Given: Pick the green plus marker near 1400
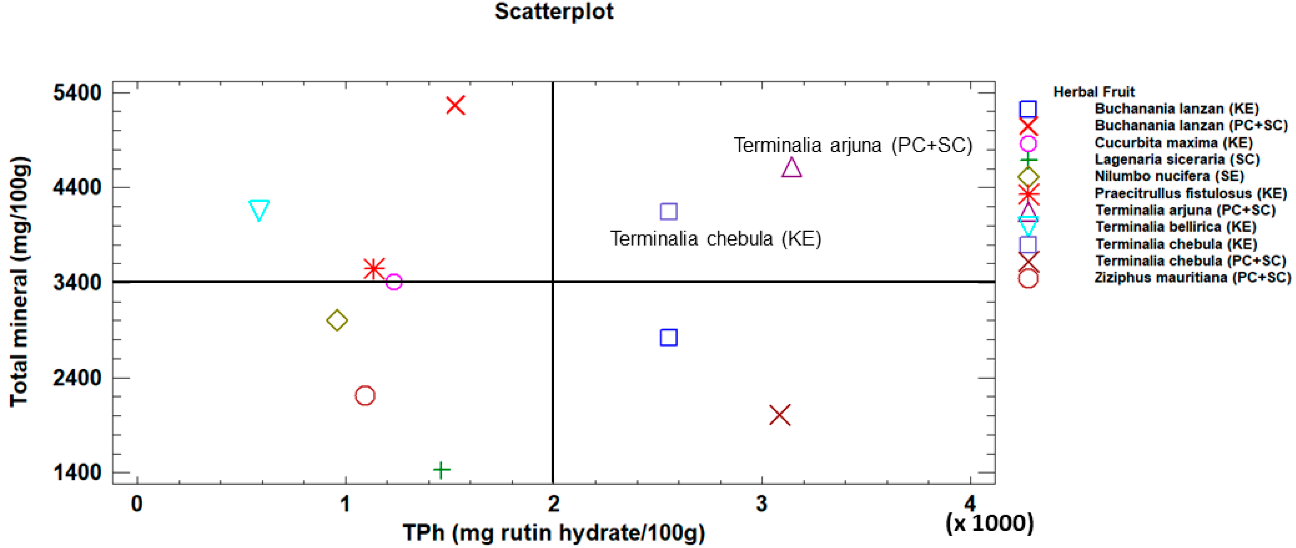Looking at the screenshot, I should (441, 470).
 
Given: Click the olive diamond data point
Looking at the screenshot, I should (337, 320).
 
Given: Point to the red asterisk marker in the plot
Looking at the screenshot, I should (374, 269).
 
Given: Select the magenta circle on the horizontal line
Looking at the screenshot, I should (394, 282).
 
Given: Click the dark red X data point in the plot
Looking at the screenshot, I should (780, 415).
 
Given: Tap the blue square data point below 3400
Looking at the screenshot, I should (668, 337).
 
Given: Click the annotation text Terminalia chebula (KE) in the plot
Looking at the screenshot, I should (716, 239).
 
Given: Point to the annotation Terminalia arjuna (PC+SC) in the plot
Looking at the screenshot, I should (853, 145).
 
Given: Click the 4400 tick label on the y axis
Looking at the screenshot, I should (77, 187).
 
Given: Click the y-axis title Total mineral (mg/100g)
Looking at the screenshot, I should (20, 282).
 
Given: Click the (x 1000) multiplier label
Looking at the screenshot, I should (989, 523).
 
